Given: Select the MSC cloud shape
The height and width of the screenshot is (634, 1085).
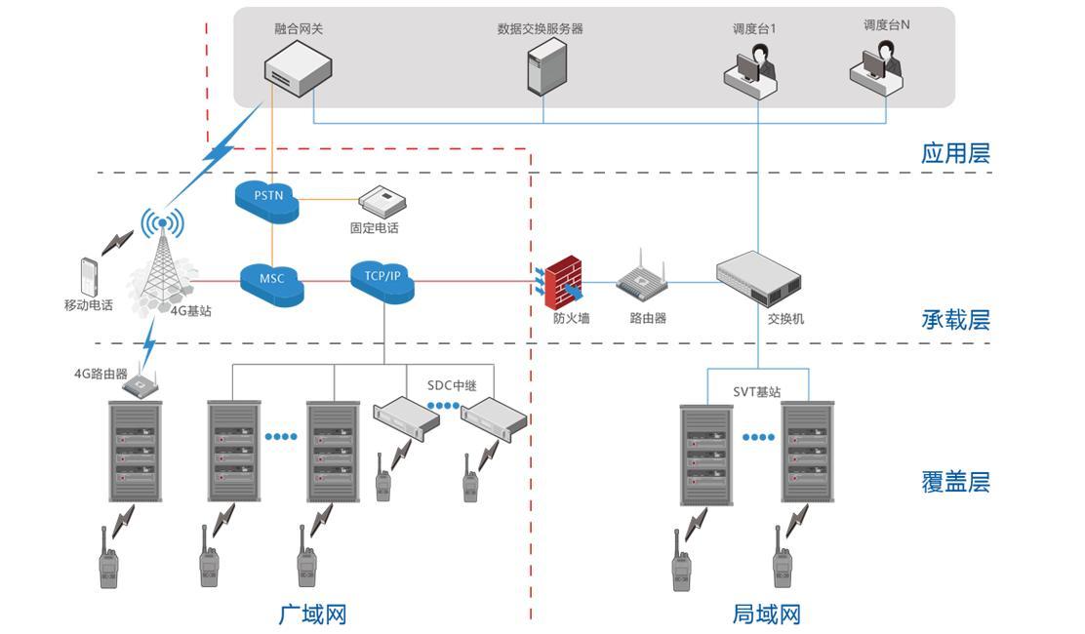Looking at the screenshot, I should [272, 281].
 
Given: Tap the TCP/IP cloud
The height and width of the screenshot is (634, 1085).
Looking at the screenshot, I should [382, 278].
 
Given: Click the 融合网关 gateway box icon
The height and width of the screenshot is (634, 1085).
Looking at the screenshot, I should [297, 74].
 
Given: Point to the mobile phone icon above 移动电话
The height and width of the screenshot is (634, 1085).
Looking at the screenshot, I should [89, 276].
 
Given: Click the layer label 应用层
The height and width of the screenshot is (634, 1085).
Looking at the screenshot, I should [955, 153].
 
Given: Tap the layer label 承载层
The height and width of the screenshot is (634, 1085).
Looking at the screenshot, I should [955, 319].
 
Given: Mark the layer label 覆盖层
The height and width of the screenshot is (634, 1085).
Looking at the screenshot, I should [955, 481].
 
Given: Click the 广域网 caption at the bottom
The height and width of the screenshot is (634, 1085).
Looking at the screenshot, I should [312, 614].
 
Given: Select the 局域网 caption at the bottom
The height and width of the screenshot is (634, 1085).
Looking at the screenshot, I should [766, 614].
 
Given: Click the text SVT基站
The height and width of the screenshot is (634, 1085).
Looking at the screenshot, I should [757, 392].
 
